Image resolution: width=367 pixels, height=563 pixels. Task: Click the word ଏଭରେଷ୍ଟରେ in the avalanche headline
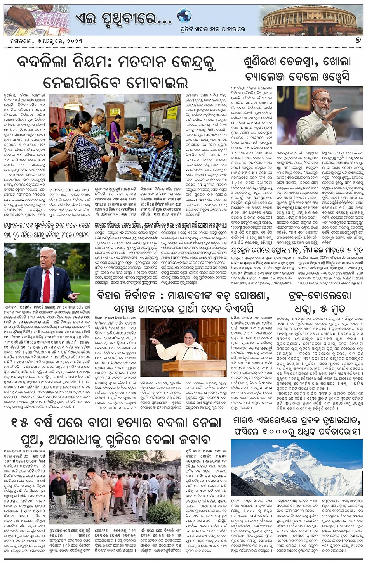(x=283, y=421)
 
